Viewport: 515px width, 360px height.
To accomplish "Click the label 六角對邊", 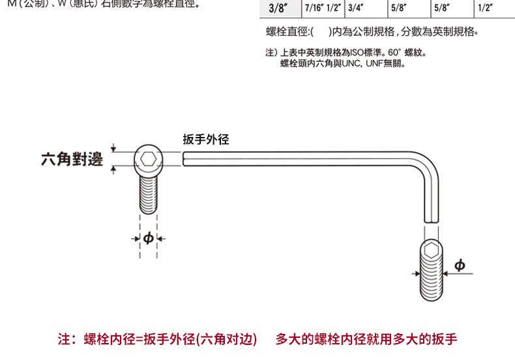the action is pos(72,158).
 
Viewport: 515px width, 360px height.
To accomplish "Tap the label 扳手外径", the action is pos(206,139).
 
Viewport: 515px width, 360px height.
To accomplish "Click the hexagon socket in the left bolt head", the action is pos(147,159).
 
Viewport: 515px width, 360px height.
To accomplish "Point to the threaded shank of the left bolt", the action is pos(148,194).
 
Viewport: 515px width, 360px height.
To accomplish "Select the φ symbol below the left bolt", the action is pos(148,239).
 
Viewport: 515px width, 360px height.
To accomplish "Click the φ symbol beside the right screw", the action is pos(459,265).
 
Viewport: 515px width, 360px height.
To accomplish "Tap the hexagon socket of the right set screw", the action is pos(430,250).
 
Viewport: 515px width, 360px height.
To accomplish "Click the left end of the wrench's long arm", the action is pos(186,159).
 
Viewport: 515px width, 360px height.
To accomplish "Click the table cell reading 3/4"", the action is pos(355,8).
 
